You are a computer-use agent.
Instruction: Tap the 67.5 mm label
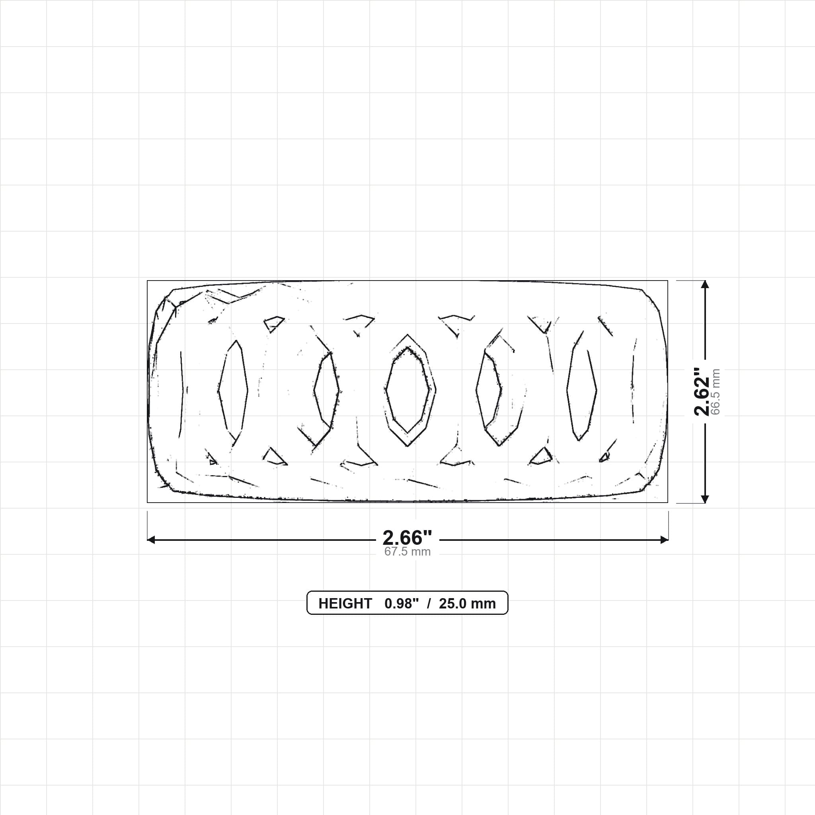(407, 552)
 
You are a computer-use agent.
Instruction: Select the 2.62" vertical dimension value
(702, 392)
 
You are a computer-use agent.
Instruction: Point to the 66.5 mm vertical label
(715, 392)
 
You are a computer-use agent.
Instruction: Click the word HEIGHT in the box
(345, 604)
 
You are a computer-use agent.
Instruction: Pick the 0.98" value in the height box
(401, 604)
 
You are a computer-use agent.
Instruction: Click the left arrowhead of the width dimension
(150, 540)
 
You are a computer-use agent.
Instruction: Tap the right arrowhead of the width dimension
(665, 540)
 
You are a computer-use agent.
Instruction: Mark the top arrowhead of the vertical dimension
(705, 284)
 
